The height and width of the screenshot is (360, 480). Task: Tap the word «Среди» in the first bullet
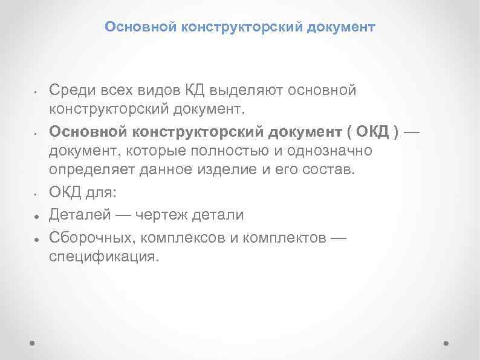click(69, 91)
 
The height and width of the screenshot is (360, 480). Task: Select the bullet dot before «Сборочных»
click(37, 238)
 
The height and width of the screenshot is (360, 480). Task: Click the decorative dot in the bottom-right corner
click(446, 342)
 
